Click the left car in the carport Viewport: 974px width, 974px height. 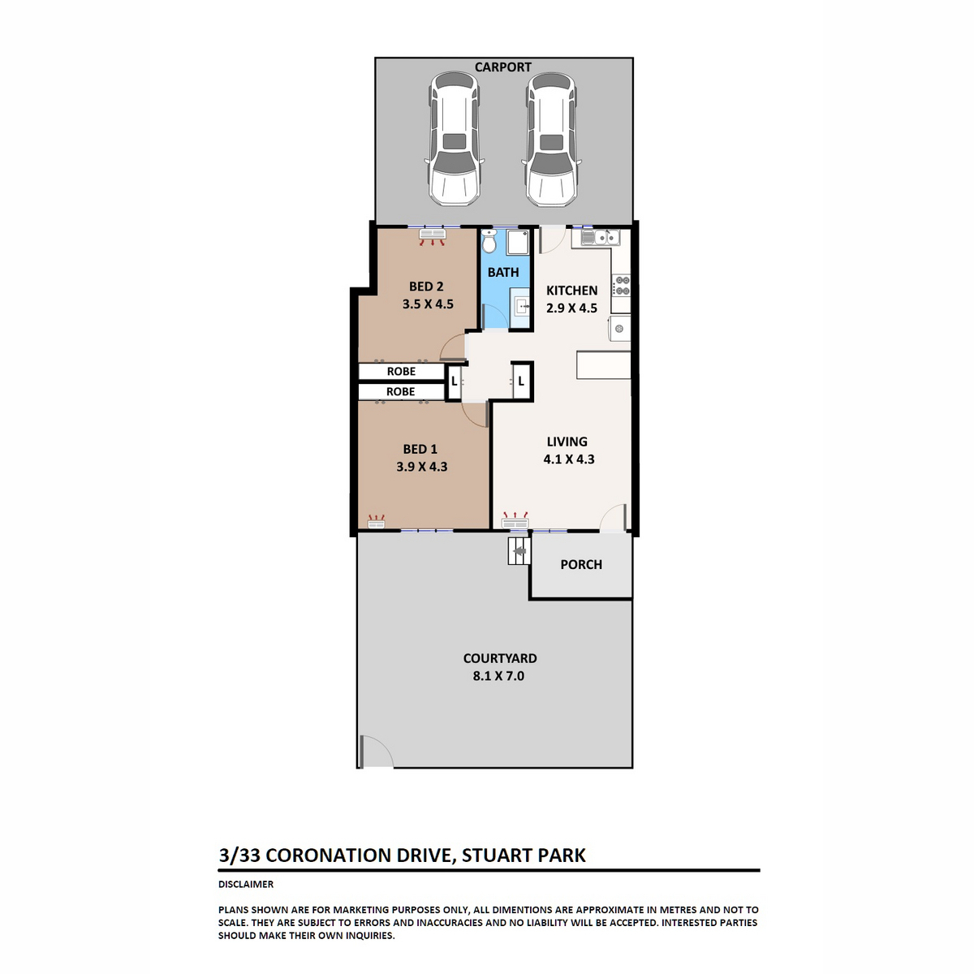point(454,139)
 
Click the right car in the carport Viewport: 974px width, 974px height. point(550,139)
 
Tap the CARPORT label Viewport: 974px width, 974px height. point(502,67)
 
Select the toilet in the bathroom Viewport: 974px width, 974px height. point(489,241)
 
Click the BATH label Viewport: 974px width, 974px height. point(503,273)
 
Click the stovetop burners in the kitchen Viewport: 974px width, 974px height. point(621,286)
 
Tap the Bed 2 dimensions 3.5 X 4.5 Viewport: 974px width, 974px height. point(428,304)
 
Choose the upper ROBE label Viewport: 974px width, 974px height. point(401,372)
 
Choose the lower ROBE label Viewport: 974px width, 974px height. point(401,392)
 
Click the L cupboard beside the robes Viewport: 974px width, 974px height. point(454,381)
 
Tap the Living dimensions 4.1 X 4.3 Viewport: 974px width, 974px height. point(569,459)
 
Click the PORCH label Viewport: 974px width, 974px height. point(581,565)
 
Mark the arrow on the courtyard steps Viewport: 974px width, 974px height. point(520,551)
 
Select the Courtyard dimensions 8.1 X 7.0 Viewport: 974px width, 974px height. point(498,676)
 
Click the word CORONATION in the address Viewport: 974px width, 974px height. point(358,855)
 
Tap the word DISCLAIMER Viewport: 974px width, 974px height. point(246,884)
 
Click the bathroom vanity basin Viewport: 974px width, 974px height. point(521,306)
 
